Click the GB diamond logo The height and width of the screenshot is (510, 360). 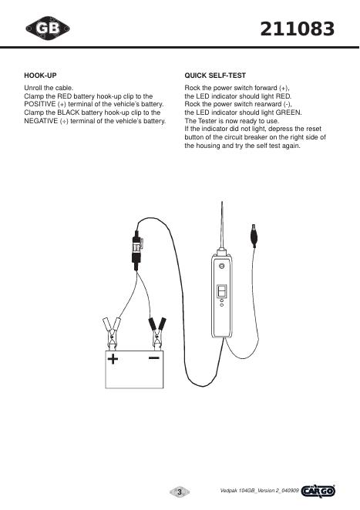tap(48, 29)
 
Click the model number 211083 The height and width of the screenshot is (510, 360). tap(298, 29)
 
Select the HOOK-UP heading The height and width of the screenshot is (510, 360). tap(40, 75)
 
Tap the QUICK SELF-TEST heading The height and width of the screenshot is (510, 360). tap(215, 75)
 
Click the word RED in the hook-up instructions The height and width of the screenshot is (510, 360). tap(65, 96)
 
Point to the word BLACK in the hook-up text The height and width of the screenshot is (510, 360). tap(69, 112)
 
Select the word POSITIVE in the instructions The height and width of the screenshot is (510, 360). tap(40, 105)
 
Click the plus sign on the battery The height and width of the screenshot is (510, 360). tap(113, 359)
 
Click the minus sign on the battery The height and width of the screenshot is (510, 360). tap(154, 357)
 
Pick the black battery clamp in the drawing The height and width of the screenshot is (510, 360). tap(157, 333)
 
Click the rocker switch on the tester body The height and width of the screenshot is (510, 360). tap(222, 290)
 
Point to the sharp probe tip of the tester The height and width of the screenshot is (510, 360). tap(222, 202)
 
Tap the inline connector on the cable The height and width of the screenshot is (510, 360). tap(137, 250)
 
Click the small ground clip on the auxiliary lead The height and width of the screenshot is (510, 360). tap(254, 235)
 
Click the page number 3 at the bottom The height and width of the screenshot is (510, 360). tap(180, 492)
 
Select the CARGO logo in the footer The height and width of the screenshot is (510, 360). tap(318, 491)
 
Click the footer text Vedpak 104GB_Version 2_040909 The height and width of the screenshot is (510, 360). tap(260, 491)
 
